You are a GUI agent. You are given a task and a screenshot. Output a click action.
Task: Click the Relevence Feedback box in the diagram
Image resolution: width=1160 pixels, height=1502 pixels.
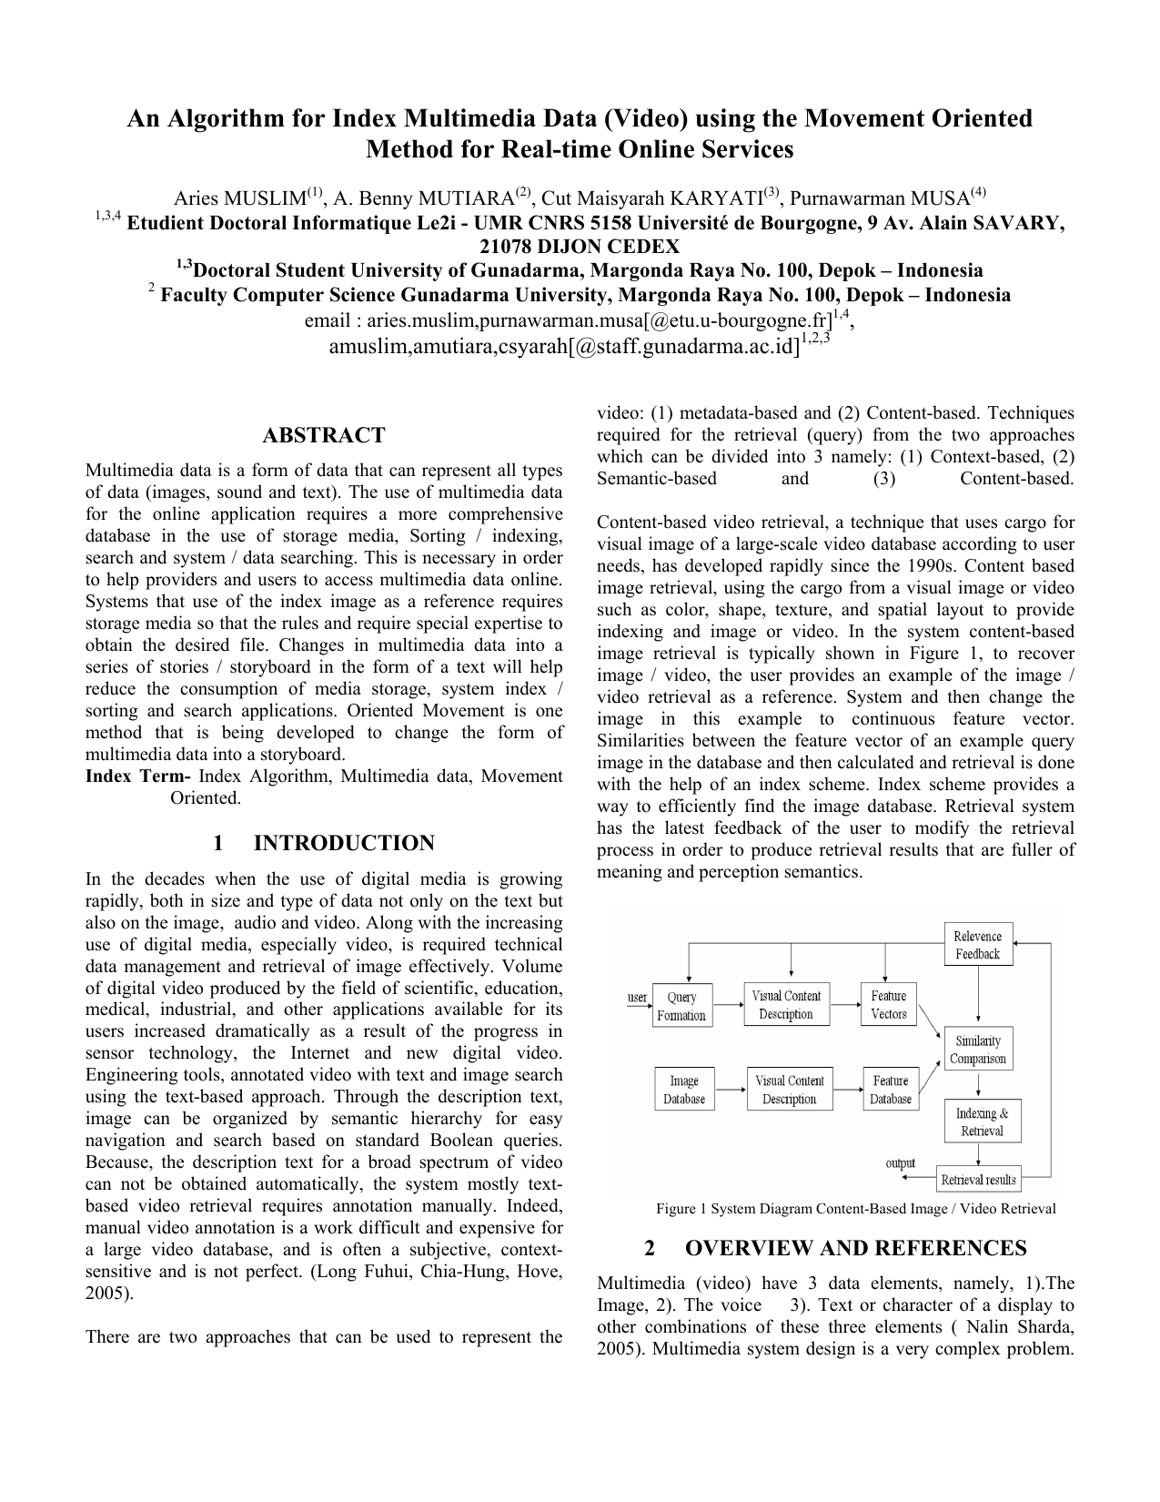coord(977,945)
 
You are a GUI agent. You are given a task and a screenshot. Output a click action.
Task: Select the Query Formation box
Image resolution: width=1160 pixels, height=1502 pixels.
coord(681,1006)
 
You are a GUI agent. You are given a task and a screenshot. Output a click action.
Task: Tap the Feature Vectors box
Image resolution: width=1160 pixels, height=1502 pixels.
coord(888,1005)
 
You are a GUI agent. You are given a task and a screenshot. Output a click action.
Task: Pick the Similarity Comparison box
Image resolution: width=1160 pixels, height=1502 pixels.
coord(977,1050)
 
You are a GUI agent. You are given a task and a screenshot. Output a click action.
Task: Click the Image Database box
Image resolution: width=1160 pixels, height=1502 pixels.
coord(683,1090)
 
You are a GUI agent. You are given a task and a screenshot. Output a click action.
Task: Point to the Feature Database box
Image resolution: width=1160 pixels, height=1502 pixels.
coord(890,1090)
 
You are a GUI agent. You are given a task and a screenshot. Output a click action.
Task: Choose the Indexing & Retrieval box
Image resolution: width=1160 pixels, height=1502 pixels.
coord(981,1122)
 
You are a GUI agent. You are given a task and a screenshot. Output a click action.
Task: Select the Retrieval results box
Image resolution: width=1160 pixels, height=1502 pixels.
coord(978,1180)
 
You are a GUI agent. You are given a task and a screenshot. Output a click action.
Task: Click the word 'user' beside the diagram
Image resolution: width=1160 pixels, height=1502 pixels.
coord(637,998)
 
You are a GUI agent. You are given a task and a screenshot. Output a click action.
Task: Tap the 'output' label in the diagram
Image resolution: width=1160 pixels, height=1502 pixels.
coord(901,1163)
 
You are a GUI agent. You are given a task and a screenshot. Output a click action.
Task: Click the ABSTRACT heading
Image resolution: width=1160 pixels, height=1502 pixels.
coord(324,435)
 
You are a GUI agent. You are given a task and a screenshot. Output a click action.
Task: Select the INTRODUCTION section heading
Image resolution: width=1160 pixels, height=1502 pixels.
coord(344,843)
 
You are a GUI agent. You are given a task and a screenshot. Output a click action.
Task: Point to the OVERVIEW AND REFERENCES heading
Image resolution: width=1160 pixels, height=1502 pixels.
coord(855,1248)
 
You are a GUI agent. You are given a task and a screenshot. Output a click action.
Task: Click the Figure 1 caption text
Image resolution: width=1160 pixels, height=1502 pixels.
coord(855,1209)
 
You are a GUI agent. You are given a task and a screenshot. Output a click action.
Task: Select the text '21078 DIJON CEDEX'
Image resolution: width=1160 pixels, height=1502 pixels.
coord(580,247)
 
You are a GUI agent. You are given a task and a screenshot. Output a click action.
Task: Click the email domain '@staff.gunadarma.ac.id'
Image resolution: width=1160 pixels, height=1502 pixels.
coord(682,347)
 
